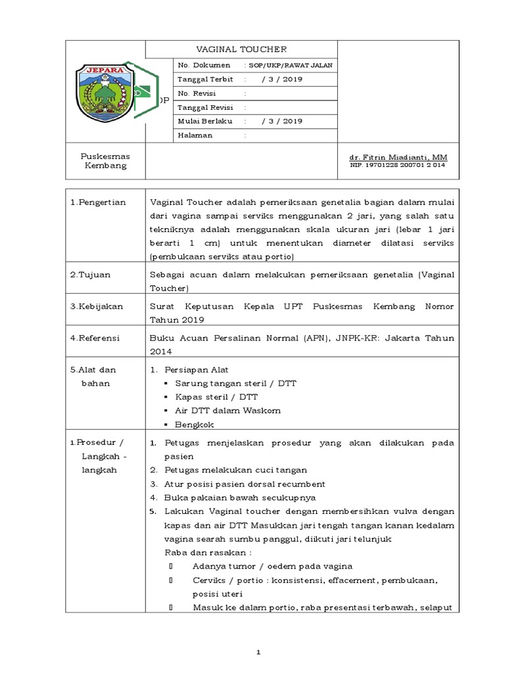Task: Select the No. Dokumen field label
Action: click(204, 65)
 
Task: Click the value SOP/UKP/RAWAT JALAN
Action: click(290, 65)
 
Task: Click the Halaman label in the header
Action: click(195, 135)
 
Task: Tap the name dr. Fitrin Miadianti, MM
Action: click(398, 158)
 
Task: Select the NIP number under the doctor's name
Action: click(397, 166)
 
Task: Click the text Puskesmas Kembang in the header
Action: click(105, 161)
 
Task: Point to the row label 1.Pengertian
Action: click(98, 202)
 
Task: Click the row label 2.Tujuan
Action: click(91, 275)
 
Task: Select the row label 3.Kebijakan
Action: click(97, 306)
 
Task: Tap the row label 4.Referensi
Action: click(95, 338)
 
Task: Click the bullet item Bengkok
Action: click(195, 425)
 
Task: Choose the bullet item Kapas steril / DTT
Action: click(216, 397)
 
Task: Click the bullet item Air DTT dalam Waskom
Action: click(228, 411)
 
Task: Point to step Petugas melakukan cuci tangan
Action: click(235, 470)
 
